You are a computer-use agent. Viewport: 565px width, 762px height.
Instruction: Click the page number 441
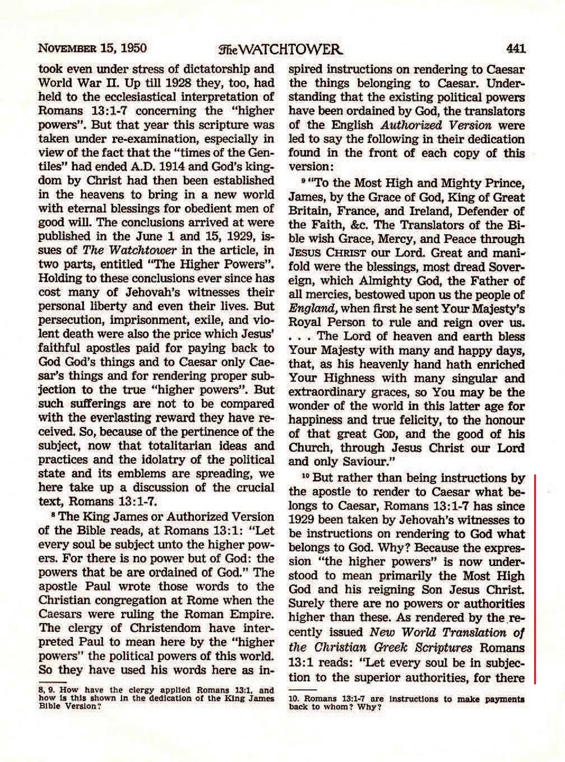coord(516,49)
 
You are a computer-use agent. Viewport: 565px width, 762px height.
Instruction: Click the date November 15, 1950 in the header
coord(93,49)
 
